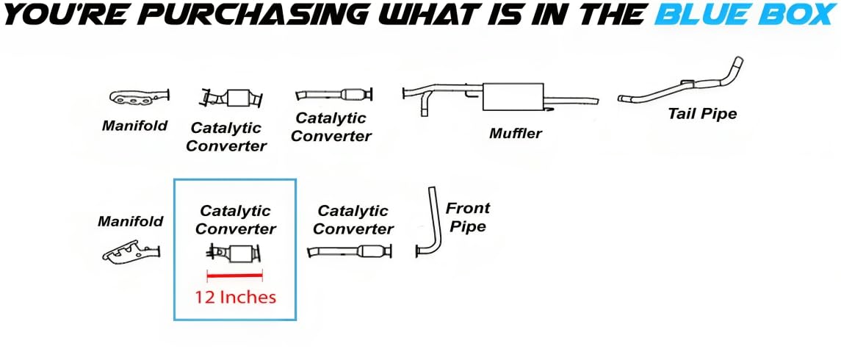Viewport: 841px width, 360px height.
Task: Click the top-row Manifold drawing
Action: pyautogui.click(x=139, y=97)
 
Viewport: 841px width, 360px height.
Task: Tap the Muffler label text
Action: pyautogui.click(x=515, y=133)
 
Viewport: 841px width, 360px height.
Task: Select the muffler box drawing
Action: pyautogui.click(x=513, y=96)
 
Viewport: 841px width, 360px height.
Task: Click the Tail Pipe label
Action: pyautogui.click(x=702, y=114)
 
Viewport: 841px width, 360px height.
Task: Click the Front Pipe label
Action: pyautogui.click(x=467, y=217)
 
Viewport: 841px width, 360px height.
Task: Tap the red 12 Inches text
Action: pyautogui.click(x=235, y=297)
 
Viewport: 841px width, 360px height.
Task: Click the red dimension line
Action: pyautogui.click(x=235, y=276)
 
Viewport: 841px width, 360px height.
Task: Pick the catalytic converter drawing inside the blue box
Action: pyautogui.click(x=235, y=253)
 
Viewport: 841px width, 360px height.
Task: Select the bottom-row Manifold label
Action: pyautogui.click(x=130, y=221)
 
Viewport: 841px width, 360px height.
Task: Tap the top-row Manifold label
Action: pyautogui.click(x=134, y=126)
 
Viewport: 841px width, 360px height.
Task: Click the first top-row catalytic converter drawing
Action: pyautogui.click(x=232, y=98)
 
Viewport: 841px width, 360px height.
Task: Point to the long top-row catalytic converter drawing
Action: pyautogui.click(x=333, y=94)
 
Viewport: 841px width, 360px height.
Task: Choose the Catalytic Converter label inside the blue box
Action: pyautogui.click(x=235, y=220)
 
